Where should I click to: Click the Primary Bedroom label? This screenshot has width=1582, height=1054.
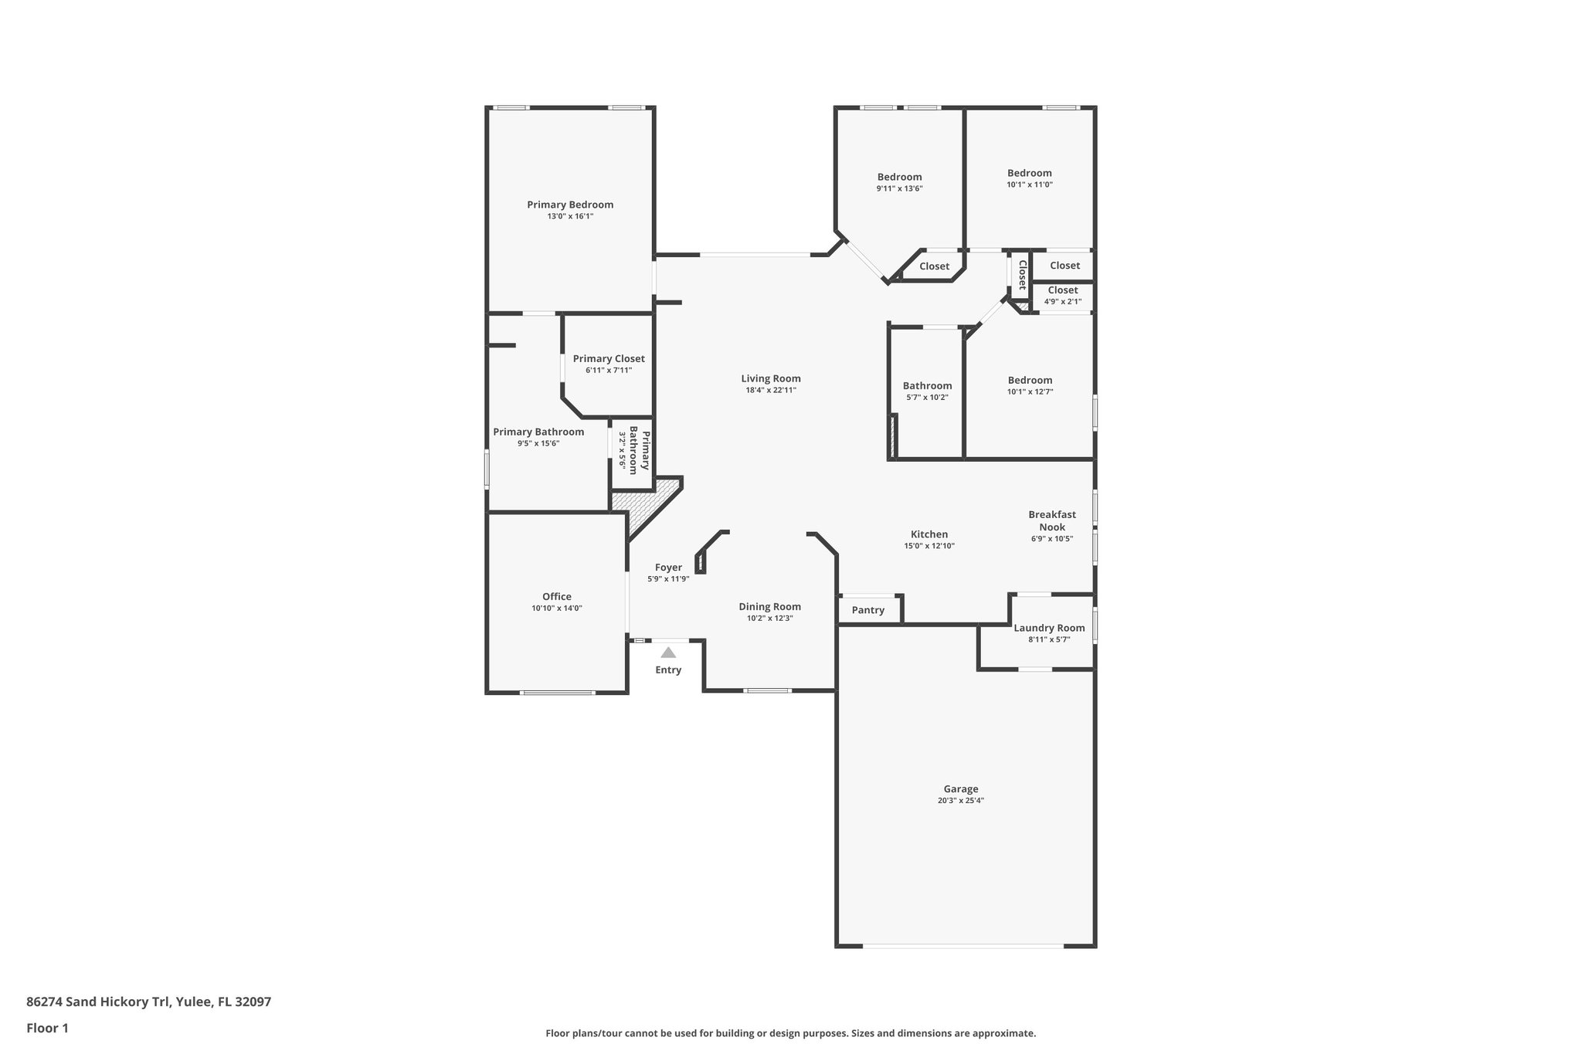tap(570, 205)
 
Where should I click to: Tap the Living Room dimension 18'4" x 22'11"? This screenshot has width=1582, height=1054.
tap(770, 391)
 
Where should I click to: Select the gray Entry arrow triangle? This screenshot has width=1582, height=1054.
tap(668, 652)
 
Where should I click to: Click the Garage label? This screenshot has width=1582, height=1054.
tap(960, 789)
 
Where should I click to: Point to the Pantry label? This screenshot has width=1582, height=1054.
tap(867, 610)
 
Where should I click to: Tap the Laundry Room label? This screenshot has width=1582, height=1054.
tap(1049, 628)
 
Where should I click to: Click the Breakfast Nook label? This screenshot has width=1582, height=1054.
tap(1051, 520)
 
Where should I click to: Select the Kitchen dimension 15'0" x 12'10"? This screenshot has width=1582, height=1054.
tap(928, 546)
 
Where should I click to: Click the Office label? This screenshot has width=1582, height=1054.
tap(556, 596)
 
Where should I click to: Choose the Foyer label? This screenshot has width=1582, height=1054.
tap(668, 568)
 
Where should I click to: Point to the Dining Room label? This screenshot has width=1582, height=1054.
tap(769, 607)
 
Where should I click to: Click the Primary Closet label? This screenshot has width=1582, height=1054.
tap(609, 358)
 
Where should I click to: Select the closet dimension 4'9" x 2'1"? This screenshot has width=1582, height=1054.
tap(1062, 302)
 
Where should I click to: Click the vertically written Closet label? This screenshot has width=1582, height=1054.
tap(1021, 274)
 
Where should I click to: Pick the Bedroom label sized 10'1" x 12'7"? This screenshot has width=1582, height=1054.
tap(1030, 380)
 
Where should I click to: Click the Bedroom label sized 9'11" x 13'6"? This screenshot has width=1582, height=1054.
tap(899, 177)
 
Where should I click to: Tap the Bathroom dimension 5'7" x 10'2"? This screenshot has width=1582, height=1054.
tap(927, 398)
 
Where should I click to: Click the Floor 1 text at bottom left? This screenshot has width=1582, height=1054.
tap(47, 1028)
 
